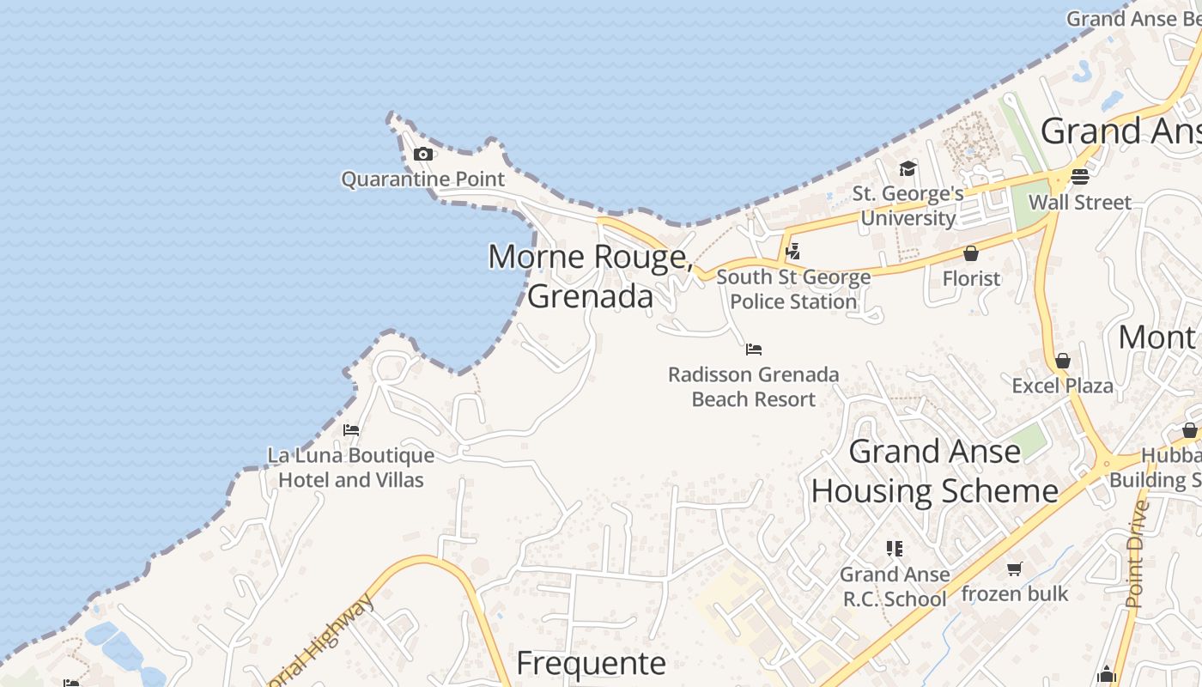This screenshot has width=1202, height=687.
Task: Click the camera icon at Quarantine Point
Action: [x=422, y=155]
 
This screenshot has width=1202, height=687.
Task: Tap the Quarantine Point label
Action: [x=423, y=179]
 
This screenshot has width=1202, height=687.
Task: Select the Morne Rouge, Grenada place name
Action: [x=591, y=277]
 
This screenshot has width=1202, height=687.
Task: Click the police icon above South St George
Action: [x=793, y=252]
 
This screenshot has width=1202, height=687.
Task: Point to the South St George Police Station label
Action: [x=793, y=289]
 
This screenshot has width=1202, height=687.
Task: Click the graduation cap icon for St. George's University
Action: [x=908, y=168]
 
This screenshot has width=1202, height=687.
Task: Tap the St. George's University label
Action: [x=908, y=206]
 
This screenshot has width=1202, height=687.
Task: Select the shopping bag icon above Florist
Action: [x=971, y=253]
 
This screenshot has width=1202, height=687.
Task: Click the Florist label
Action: [x=971, y=278]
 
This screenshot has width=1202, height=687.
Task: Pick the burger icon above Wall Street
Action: [x=1080, y=177]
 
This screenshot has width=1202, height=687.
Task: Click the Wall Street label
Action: [x=1080, y=203]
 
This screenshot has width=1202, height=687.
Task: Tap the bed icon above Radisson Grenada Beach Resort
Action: [x=754, y=350]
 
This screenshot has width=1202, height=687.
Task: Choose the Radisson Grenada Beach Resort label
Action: [x=754, y=387]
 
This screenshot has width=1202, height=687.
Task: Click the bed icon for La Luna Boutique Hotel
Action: [x=350, y=430]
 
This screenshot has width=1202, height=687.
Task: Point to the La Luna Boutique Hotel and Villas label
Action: [x=351, y=468]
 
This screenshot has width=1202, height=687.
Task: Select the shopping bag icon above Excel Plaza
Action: [x=1063, y=361]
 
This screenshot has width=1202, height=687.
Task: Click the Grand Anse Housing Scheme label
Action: [x=935, y=471]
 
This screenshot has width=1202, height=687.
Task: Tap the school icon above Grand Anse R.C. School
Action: [x=895, y=549]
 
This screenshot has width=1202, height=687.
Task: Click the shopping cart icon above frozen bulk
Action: [x=1015, y=568]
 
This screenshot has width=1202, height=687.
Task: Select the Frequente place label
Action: [x=591, y=664]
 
